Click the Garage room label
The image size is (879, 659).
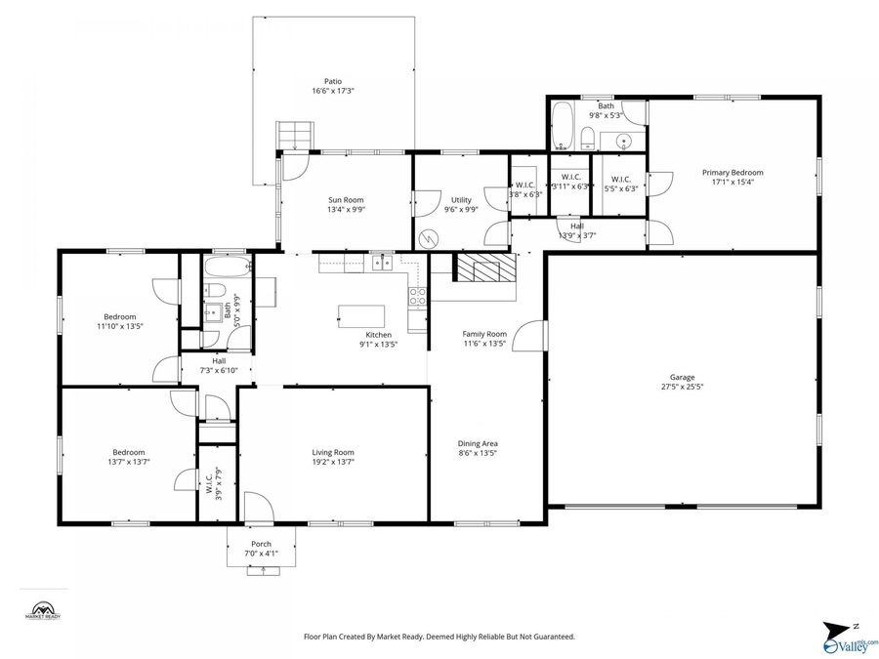(682, 377)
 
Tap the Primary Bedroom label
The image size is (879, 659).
(732, 173)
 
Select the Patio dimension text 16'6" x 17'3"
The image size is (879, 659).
(333, 92)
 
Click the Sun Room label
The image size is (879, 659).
(345, 199)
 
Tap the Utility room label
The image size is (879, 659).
(461, 199)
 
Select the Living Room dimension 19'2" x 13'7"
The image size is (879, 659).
(333, 462)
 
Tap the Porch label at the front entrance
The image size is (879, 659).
(261, 544)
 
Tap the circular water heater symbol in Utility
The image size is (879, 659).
(428, 238)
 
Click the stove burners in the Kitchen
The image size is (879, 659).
(417, 296)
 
